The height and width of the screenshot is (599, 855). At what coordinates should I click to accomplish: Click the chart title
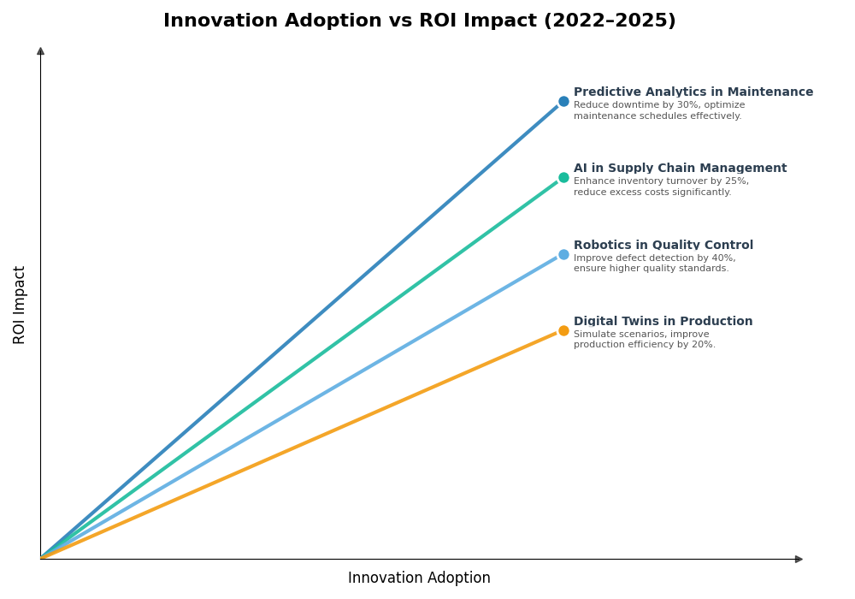tap(419, 21)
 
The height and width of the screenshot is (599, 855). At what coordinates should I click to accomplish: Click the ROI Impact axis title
tap(20, 305)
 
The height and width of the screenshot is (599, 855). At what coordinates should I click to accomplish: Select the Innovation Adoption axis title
tap(419, 578)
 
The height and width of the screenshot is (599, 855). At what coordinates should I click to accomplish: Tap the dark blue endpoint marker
tap(563, 101)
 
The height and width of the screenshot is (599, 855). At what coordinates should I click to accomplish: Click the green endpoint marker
tap(563, 178)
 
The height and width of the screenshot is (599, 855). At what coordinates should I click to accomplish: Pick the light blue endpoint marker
tap(563, 254)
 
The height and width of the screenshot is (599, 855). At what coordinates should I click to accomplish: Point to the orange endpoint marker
tap(563, 331)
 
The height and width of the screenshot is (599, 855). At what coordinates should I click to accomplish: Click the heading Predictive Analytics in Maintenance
tap(693, 92)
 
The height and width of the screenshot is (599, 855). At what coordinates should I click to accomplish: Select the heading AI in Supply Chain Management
tap(680, 169)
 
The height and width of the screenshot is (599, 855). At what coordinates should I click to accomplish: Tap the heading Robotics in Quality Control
tap(663, 246)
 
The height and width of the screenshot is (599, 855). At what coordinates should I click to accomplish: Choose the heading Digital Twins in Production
tap(663, 322)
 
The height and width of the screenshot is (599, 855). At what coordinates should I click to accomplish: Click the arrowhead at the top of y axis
tap(40, 51)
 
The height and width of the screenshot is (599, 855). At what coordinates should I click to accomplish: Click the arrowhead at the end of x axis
tap(799, 559)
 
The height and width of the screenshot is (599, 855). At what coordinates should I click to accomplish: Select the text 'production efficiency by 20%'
tap(644, 345)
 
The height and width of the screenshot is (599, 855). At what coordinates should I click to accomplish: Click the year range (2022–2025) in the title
tap(610, 21)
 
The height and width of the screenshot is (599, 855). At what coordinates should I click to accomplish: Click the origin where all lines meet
tap(41, 558)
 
